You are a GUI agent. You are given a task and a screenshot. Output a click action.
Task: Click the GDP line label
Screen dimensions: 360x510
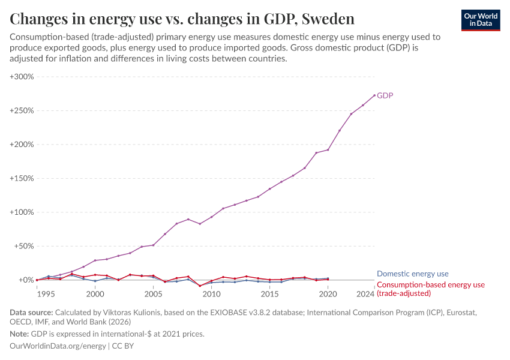385,95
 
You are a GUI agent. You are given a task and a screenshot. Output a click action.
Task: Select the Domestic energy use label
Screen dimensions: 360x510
412,274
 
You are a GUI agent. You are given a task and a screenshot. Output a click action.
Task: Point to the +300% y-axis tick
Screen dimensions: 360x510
22,77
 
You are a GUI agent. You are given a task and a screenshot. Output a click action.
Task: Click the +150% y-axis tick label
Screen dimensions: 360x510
22,178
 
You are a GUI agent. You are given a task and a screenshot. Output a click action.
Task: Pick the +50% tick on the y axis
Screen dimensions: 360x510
24,246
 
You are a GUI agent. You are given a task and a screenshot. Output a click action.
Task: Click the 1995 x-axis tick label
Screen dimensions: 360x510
46,294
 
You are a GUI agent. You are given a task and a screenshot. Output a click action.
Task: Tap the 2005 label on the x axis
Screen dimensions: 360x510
153,294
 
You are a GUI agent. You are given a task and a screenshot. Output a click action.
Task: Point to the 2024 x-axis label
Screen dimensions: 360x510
365,294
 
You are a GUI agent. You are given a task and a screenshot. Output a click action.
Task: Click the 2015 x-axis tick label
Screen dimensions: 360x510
269,294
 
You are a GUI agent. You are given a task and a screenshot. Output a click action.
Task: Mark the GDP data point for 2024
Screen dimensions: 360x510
374,95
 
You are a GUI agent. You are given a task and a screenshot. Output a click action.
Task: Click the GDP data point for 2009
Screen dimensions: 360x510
200,224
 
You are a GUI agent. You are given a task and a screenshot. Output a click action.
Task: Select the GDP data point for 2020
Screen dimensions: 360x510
328,149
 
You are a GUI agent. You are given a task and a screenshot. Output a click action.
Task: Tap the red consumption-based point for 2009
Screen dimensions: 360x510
200,286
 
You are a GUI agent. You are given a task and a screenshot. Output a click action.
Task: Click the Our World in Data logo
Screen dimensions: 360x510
480,20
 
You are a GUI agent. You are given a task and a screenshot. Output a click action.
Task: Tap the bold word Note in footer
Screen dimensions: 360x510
20,334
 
